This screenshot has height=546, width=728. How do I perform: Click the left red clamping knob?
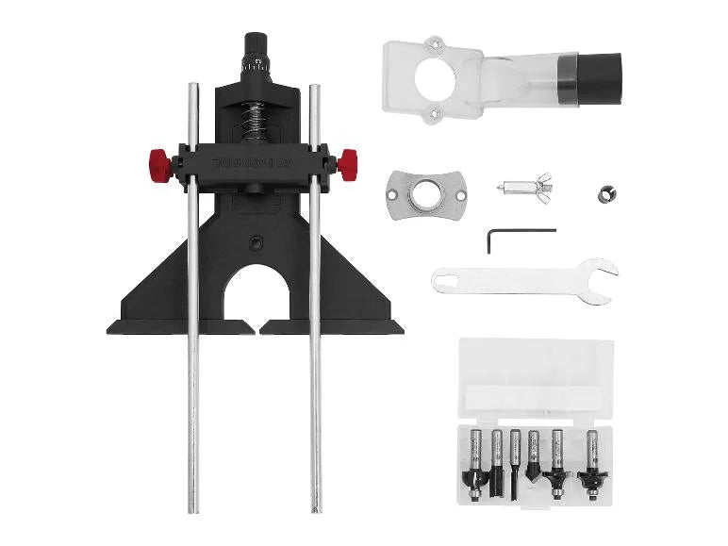tap(159, 166)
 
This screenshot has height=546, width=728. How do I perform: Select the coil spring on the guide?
tap(254, 120)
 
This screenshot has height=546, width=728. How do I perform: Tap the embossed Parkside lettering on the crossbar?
tap(255, 161)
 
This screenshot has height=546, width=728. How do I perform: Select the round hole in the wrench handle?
tap(451, 278)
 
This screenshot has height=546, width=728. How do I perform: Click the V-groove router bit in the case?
tap(535, 459)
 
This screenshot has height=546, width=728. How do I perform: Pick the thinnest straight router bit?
tap(515, 462)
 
